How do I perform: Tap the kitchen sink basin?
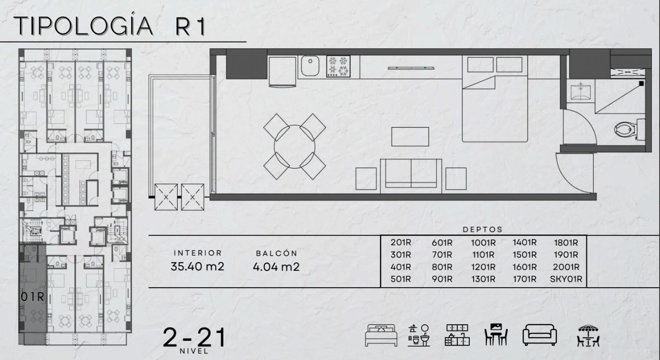(310, 66)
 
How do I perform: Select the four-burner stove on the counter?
(338, 66)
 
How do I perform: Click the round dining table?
(295, 147)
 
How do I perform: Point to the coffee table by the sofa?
(410, 137)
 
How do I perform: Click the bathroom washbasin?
(581, 91)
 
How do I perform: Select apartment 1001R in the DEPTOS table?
(483, 243)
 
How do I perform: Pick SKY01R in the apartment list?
(566, 279)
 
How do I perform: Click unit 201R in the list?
(401, 242)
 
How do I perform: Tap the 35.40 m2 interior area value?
(197, 266)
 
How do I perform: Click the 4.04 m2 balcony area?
(276, 267)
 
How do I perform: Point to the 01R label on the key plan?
(32, 297)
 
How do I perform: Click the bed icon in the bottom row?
(381, 335)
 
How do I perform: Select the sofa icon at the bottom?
(540, 335)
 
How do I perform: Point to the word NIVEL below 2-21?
(194, 351)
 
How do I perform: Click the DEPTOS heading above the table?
(483, 230)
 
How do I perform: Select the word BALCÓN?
(276, 253)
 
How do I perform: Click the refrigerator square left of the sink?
(282, 72)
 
